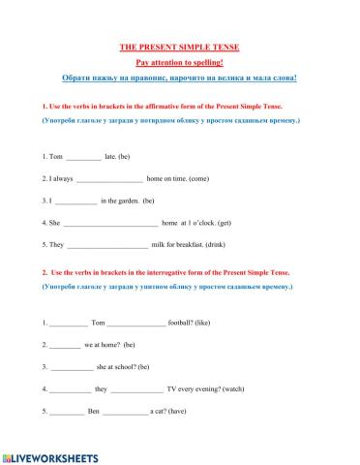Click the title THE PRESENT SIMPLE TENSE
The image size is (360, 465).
pos(179,46)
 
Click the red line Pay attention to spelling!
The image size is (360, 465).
pos(179,61)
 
